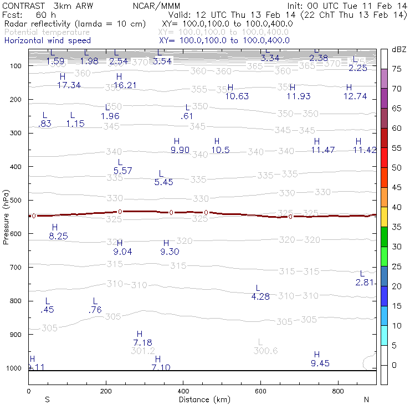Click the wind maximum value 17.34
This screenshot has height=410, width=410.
pyautogui.click(x=69, y=85)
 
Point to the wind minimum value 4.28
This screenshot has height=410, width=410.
pyautogui.click(x=260, y=296)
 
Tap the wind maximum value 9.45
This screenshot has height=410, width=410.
pyautogui.click(x=320, y=363)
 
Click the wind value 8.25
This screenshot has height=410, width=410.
pyautogui.click(x=58, y=236)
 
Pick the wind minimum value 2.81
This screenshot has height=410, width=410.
pyautogui.click(x=365, y=283)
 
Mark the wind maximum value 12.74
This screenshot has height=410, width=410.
pyautogui.click(x=355, y=96)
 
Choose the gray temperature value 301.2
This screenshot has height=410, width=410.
pyautogui.click(x=143, y=351)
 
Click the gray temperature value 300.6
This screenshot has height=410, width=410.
pyautogui.click(x=265, y=351)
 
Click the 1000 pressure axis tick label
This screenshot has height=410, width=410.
pyautogui.click(x=14, y=368)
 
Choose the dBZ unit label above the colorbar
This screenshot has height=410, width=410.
pyautogui.click(x=398, y=49)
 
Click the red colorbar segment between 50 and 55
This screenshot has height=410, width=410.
pyautogui.click(x=383, y=158)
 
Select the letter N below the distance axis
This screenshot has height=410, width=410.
pyautogui.click(x=366, y=399)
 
